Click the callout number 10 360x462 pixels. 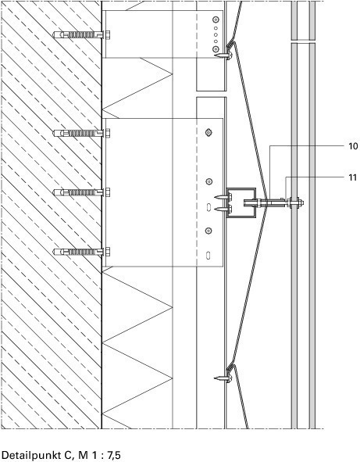pos(353,146)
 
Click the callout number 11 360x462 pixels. pos(352,177)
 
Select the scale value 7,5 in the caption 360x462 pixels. pos(114,455)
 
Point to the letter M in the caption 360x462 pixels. pos(83,455)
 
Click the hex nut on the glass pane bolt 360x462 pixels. pos(300,202)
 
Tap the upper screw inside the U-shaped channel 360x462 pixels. pos(223,197)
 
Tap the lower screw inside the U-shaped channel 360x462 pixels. pos(223,210)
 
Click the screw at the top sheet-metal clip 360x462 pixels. pos(223,55)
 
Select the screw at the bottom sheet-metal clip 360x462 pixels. pos(223,378)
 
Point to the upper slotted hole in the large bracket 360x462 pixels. pos(208,207)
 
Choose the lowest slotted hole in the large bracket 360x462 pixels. pos(208,255)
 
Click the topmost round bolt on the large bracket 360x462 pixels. pos(209,133)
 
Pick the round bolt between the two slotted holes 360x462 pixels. pos(209,231)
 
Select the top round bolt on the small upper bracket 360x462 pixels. pos(216,20)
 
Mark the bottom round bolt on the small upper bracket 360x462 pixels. pos(216,48)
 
